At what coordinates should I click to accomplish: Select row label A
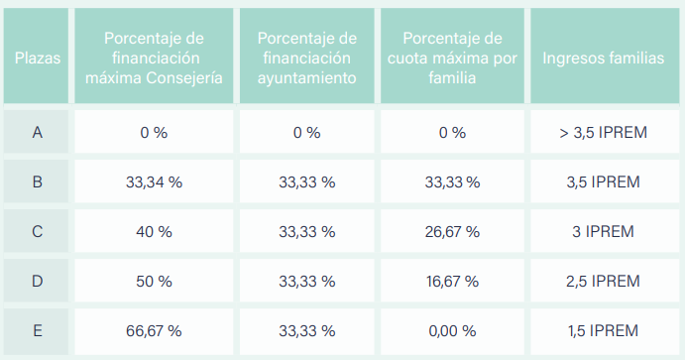point(37,132)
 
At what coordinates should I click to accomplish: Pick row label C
point(37,231)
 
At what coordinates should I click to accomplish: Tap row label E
point(37,330)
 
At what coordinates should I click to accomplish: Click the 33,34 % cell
point(154,181)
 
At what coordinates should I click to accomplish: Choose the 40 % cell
point(154,231)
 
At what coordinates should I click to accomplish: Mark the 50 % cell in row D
point(154,281)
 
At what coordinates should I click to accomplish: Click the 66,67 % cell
point(154,330)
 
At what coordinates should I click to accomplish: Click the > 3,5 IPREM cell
point(604,132)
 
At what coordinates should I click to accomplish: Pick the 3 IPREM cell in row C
point(604,231)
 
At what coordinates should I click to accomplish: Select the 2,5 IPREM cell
point(604,281)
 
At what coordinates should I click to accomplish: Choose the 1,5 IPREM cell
point(604,330)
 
